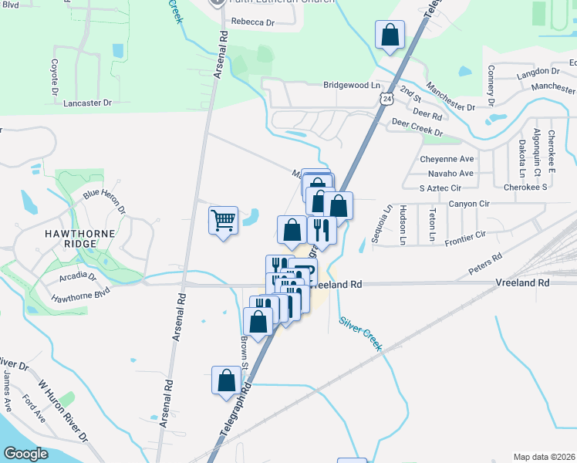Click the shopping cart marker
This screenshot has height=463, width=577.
pyautogui.click(x=224, y=221)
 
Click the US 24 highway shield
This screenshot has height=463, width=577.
pyautogui.click(x=387, y=97)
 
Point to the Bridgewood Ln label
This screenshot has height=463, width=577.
pyautogui.click(x=353, y=85)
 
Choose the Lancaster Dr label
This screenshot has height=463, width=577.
pyautogui.click(x=87, y=102)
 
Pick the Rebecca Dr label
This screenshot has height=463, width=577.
pyautogui.click(x=252, y=22)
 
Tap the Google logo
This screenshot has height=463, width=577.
pyautogui.click(x=25, y=454)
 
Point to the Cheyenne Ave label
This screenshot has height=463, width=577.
pyautogui.click(x=447, y=159)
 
